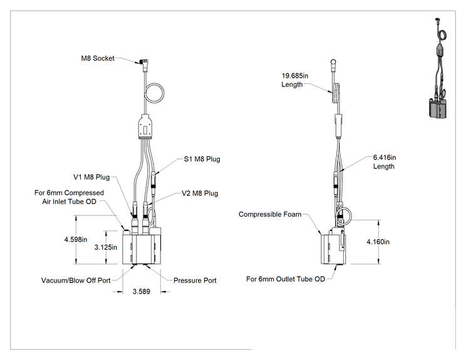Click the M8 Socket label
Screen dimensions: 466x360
[x=98, y=58]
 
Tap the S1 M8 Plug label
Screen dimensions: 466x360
[x=202, y=159]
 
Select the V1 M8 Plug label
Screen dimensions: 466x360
[x=91, y=177]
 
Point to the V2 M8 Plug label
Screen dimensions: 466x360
[x=200, y=193]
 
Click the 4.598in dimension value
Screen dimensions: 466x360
[x=76, y=239]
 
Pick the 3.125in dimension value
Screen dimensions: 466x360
[x=106, y=247]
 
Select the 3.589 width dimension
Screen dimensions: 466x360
[x=141, y=291]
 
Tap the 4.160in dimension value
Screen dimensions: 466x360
[x=378, y=242]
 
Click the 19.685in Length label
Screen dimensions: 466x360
[x=295, y=80]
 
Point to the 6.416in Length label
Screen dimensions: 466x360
[x=385, y=162]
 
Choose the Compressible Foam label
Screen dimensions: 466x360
[x=270, y=214]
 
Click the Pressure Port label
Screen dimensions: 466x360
[x=195, y=280]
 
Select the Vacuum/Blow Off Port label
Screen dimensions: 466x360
[x=76, y=280]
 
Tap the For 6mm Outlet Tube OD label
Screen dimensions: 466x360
[x=286, y=279]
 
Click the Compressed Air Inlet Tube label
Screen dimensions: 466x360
[x=69, y=197]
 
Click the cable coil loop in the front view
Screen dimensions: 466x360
[x=163, y=93]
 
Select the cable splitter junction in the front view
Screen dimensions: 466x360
[x=145, y=127]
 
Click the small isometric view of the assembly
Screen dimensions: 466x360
[x=438, y=68]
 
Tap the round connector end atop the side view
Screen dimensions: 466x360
[x=333, y=63]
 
